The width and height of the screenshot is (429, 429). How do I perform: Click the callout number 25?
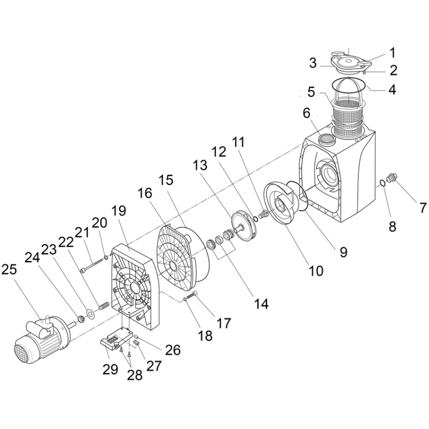pos(9,270)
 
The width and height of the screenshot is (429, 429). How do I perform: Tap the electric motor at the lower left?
pos(45,339)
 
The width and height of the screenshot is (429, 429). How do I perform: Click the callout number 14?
pos(261,304)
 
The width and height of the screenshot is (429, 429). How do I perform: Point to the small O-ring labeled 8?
pos(383,182)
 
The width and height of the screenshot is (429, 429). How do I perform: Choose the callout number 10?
pos(316,271)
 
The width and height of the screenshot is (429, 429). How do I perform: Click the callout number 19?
pos(119,211)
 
